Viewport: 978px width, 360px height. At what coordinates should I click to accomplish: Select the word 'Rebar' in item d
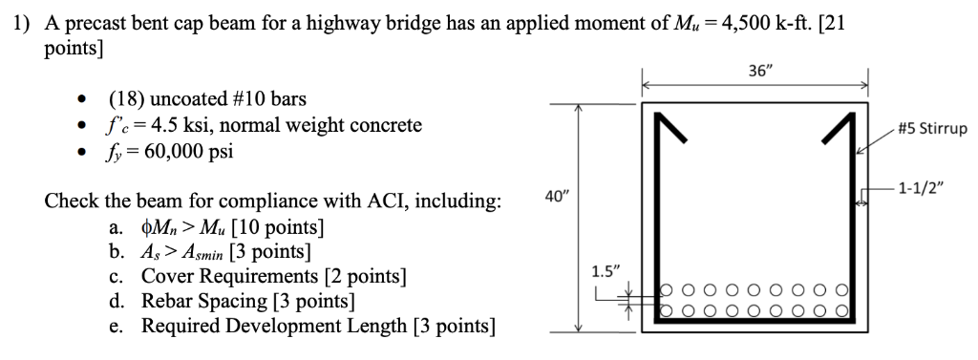tap(168, 303)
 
